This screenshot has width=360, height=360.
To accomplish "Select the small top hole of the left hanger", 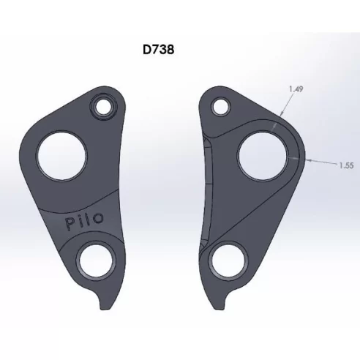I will [100, 108].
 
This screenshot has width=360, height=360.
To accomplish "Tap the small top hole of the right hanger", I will [219, 107].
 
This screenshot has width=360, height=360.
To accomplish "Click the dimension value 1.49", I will [296, 89].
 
